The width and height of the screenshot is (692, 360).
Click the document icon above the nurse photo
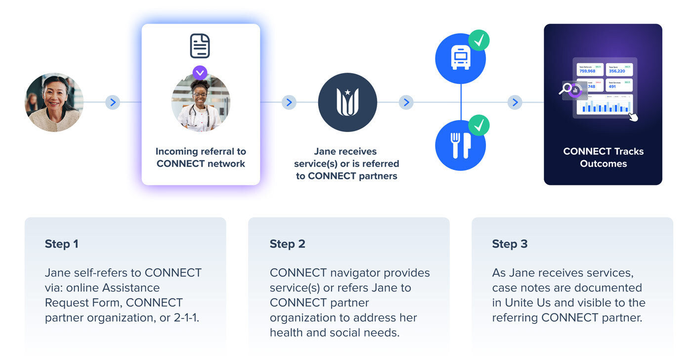[200, 46]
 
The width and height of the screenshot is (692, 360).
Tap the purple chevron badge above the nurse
[200, 73]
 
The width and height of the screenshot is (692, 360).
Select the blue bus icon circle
[460, 59]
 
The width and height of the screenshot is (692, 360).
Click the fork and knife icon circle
[460, 145]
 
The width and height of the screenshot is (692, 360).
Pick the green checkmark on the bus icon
[479, 40]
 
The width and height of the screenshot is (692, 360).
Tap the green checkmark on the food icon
[479, 125]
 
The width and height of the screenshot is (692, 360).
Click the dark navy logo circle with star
[347, 102]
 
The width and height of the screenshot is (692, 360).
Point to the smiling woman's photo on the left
[54, 102]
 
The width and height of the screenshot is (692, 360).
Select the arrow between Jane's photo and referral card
[113, 102]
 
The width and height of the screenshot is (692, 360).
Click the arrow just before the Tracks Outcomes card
[515, 102]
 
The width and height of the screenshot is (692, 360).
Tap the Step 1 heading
[61, 244]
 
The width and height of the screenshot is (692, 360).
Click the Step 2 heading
[287, 244]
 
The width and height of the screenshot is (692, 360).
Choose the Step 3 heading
[510, 244]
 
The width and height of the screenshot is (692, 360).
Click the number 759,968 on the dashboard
[587, 71]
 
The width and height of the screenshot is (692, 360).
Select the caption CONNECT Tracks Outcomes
[603, 157]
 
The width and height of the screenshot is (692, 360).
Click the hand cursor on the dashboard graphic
[632, 117]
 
